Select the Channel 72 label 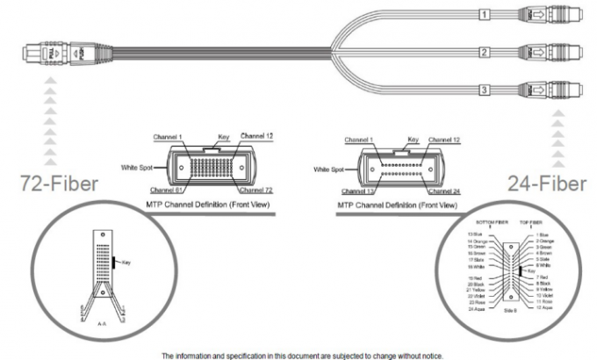(261, 189)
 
